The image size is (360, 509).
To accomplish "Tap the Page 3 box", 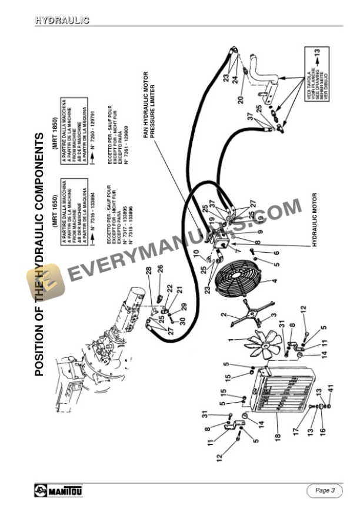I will (x=324, y=490).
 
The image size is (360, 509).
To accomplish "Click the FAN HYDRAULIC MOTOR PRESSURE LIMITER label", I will (x=150, y=106).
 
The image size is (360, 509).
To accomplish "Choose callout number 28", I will (x=149, y=271).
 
